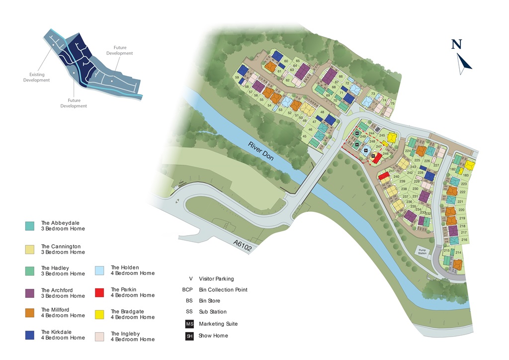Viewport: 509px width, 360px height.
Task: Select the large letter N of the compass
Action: tap(456, 45)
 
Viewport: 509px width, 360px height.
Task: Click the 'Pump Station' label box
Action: tap(423, 252)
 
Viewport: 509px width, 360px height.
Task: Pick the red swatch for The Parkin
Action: tap(99, 292)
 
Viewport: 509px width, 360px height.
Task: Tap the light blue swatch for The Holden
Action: tap(99, 270)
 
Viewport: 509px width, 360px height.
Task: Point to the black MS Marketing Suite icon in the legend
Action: tap(189, 324)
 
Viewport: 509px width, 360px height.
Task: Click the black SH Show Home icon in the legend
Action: tap(189, 336)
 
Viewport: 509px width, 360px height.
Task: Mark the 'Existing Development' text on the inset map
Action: tap(36, 77)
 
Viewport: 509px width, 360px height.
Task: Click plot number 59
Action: tap(237, 78)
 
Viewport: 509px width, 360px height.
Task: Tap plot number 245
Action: tap(382, 136)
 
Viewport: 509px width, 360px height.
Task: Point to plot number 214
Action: tap(458, 253)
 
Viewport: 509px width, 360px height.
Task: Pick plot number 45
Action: tap(305, 136)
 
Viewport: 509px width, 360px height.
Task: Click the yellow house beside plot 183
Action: tap(470, 166)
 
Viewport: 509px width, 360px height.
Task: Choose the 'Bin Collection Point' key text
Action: tap(223, 290)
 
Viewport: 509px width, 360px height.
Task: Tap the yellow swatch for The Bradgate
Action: tap(99, 314)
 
